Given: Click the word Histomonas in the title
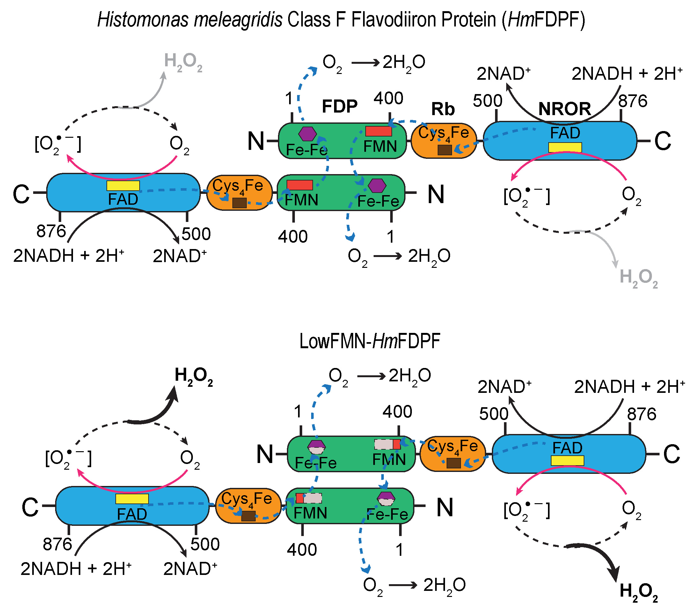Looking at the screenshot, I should tap(142, 19).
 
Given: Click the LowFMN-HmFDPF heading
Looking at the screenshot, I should tap(369, 342).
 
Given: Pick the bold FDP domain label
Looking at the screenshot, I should tap(339, 107).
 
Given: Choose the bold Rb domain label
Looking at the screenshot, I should tap(443, 109).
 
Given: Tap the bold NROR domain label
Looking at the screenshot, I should tap(565, 109).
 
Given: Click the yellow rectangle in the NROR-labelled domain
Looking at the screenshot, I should tap(565, 147).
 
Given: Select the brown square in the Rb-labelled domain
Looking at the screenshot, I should tap(445, 150).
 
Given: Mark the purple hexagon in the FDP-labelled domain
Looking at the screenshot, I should tap(307, 134).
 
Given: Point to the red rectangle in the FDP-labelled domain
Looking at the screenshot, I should tap(379, 131).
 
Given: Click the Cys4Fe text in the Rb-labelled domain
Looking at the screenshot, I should tap(443, 133).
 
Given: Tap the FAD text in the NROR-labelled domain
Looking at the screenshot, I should tap(565, 133).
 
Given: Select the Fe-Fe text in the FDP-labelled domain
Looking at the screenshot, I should tap(307, 150).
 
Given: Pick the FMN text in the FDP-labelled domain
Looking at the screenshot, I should tap(380, 146).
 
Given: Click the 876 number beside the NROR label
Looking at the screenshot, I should tap(633, 101).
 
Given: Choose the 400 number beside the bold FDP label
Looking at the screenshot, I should tap(388, 98).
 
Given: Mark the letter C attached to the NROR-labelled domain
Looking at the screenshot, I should tap(662, 141).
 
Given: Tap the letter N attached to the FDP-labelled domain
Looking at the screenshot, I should tap(256, 141).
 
